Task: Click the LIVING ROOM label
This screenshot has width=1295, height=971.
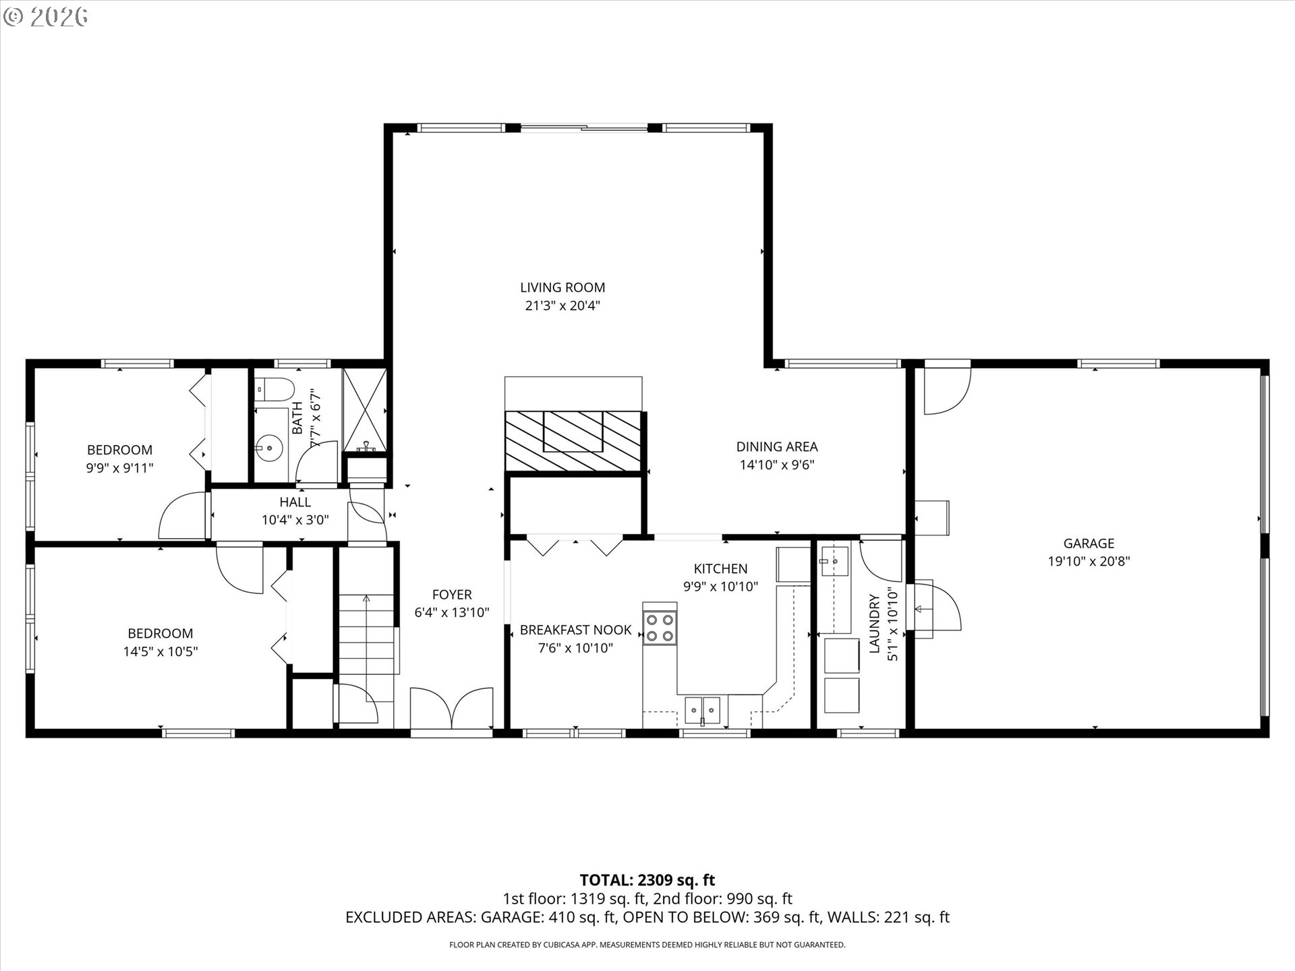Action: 563,287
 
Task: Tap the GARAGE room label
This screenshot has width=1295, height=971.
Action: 1089,543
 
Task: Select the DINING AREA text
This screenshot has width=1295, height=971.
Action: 777,446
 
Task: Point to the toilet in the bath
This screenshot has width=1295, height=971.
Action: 276,389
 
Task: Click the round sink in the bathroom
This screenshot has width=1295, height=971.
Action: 269,447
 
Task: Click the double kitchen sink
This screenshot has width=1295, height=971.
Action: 703,709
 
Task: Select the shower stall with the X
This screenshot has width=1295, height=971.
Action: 364,409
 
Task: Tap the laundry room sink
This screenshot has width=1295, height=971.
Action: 834,560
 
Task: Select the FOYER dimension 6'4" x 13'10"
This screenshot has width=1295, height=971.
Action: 452,612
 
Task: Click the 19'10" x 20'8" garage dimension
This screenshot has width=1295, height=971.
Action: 1089,561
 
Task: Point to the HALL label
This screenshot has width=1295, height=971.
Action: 295,502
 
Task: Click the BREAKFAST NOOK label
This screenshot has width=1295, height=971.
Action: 575,630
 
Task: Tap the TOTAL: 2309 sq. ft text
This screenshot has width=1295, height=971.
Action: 647,880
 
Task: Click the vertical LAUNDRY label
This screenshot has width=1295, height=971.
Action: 875,623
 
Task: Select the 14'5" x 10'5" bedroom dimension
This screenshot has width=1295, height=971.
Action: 161,651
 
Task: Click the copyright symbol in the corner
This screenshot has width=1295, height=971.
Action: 13,16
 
